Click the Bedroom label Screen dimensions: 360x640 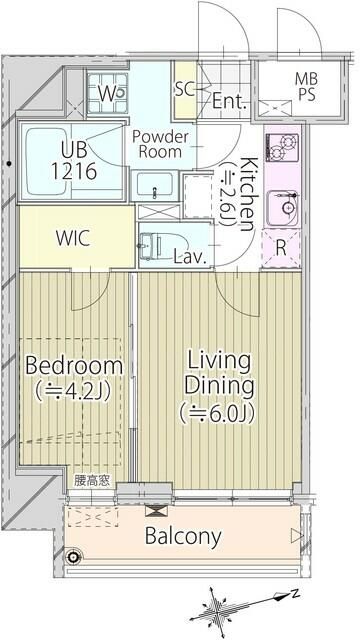(74, 365)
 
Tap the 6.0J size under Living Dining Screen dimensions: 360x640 (217, 413)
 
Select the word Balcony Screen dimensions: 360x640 (183, 536)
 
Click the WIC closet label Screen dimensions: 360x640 (73, 239)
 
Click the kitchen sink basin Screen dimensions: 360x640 (282, 208)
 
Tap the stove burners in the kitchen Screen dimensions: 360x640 (282, 147)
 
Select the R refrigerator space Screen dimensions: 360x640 (281, 249)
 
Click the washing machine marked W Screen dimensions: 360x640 (108, 93)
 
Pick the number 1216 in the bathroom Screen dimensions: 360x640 (74, 171)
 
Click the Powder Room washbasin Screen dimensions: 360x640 (155, 185)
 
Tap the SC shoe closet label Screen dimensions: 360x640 (185, 89)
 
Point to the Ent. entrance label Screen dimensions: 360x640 (230, 100)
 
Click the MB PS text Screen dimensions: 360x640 (307, 86)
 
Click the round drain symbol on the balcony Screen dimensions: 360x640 (74, 556)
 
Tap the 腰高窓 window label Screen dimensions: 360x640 (92, 481)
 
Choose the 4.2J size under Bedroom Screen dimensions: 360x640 (73, 391)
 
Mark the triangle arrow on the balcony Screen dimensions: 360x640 (297, 536)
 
